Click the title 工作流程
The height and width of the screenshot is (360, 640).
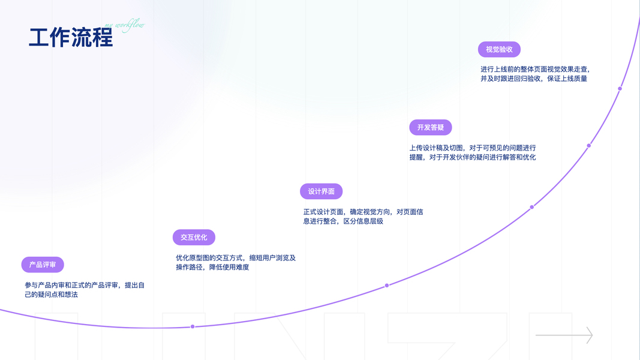(71, 37)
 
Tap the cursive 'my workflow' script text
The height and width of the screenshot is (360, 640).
(124, 26)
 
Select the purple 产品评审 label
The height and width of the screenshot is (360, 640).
(43, 265)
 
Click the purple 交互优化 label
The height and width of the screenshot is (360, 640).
(194, 237)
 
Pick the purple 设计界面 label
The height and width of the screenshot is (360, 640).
(321, 191)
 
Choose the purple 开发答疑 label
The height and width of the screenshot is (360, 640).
(431, 127)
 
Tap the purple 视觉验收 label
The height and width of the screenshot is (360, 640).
(499, 49)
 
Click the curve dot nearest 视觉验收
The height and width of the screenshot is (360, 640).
(620, 89)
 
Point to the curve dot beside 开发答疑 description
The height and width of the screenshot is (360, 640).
(588, 146)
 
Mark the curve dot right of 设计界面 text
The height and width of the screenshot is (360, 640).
(531, 207)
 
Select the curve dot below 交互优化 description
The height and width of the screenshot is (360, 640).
(386, 285)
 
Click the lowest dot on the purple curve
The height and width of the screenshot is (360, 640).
(193, 326)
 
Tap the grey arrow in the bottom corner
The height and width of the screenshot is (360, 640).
(564, 335)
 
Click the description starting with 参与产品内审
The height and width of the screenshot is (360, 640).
(84, 290)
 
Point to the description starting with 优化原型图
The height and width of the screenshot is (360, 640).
(236, 262)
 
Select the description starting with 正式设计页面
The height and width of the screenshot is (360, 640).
(363, 216)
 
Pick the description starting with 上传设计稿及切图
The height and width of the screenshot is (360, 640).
(472, 152)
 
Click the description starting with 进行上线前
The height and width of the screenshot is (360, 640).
(539, 73)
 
